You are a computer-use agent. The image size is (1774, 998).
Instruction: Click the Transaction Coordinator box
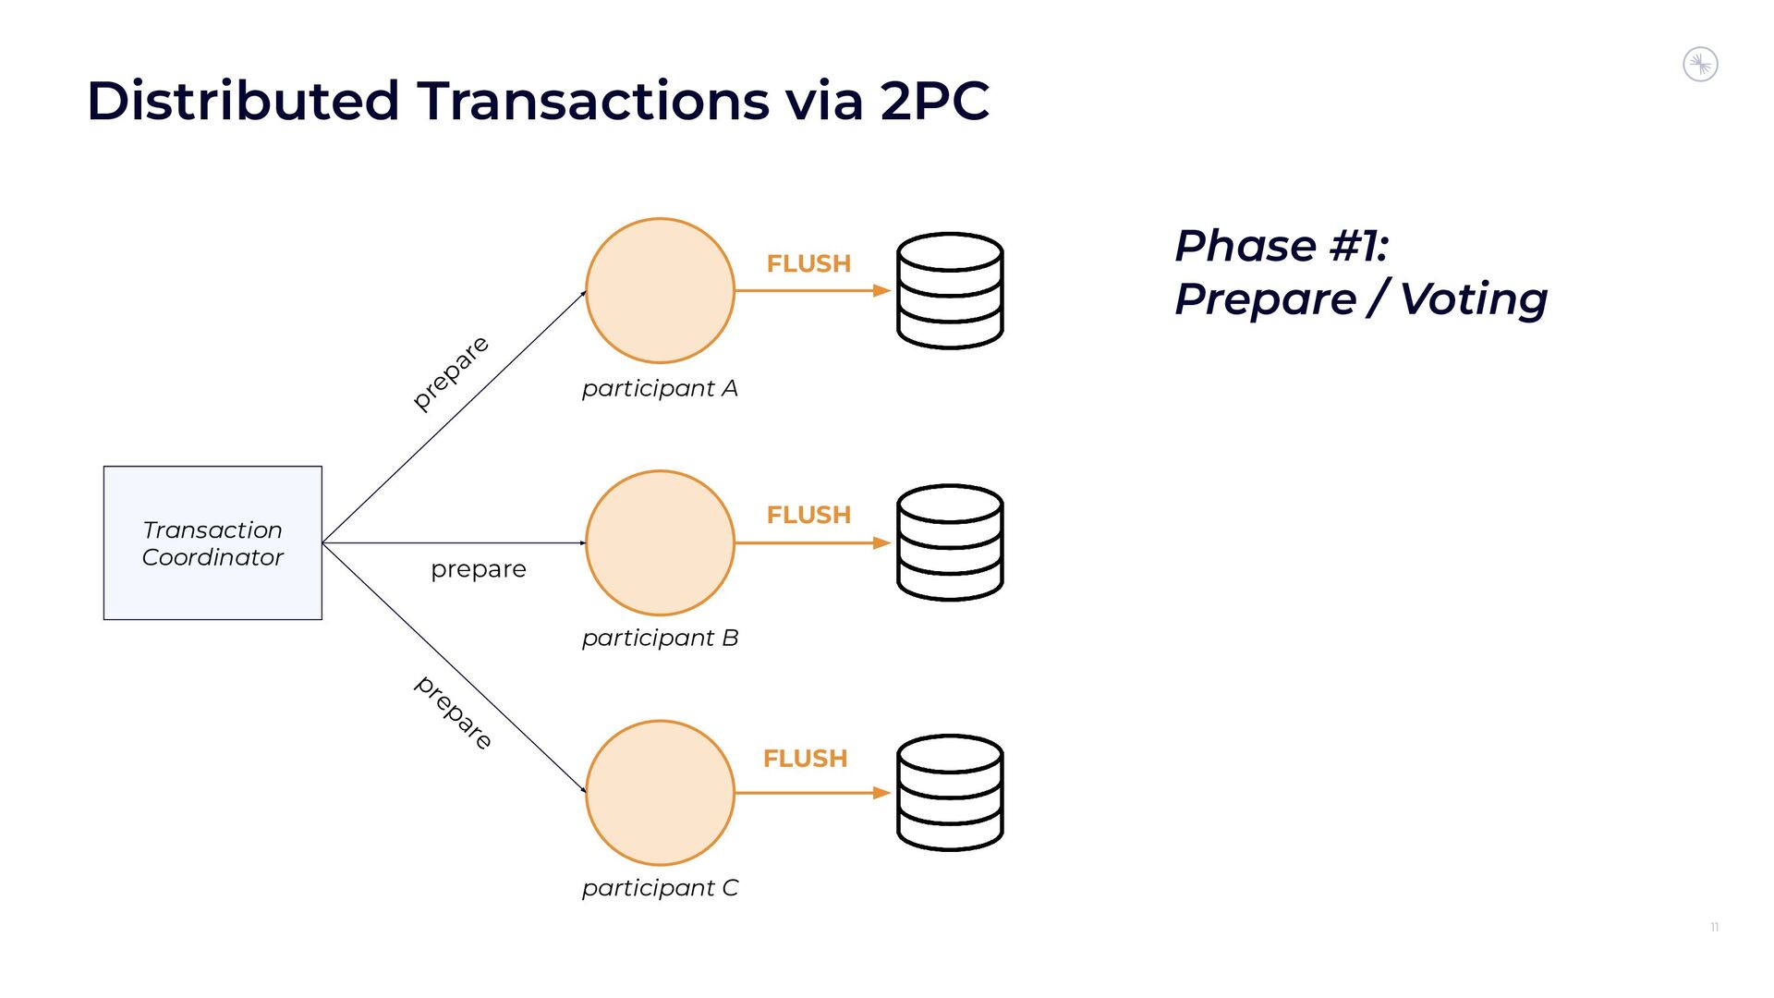pyautogui.click(x=213, y=542)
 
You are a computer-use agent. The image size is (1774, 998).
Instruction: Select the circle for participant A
pyautogui.click(x=660, y=290)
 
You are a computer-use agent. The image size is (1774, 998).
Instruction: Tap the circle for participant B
pyautogui.click(x=660, y=542)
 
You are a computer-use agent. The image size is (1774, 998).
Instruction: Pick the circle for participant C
pyautogui.click(x=660, y=793)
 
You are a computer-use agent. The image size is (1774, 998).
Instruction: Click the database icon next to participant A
pyautogui.click(x=950, y=290)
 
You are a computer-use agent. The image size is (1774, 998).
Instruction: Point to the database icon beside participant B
pyautogui.click(x=950, y=542)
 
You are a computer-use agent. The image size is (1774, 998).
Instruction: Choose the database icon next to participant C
pyautogui.click(x=950, y=793)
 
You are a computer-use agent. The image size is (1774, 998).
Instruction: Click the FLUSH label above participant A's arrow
pyautogui.click(x=808, y=263)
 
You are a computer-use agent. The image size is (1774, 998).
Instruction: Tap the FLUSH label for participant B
pyautogui.click(x=808, y=515)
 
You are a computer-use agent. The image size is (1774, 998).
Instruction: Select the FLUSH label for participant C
pyautogui.click(x=805, y=759)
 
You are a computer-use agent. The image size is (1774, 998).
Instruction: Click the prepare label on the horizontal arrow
pyautogui.click(x=479, y=569)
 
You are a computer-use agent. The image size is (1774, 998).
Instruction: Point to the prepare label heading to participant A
pyautogui.click(x=451, y=372)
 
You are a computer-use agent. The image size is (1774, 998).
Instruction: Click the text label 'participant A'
pyautogui.click(x=660, y=388)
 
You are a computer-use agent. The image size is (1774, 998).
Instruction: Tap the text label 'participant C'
pyautogui.click(x=660, y=888)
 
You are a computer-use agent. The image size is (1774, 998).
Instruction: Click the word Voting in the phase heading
pyautogui.click(x=1473, y=299)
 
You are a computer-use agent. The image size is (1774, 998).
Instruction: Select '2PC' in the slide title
pyautogui.click(x=934, y=100)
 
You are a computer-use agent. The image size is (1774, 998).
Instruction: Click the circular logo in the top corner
pyautogui.click(x=1700, y=65)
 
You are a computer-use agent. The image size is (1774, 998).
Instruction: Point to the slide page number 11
pyautogui.click(x=1714, y=927)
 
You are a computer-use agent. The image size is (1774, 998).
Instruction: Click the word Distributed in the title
pyautogui.click(x=243, y=100)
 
